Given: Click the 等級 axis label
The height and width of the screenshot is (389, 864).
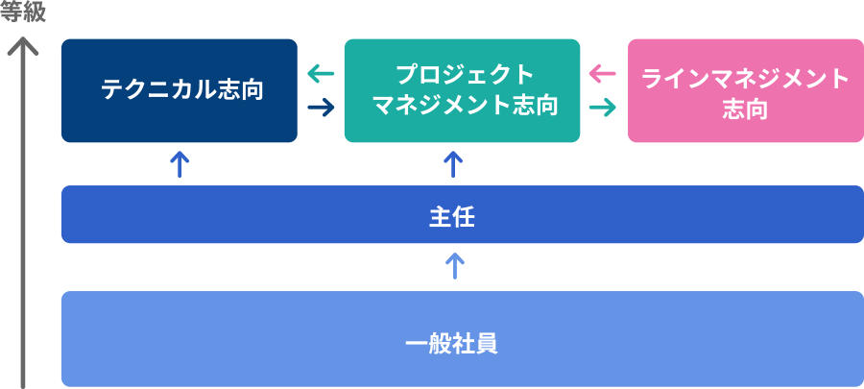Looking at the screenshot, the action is pos(23,12).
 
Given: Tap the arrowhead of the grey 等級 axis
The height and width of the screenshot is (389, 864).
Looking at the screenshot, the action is pos(23,38).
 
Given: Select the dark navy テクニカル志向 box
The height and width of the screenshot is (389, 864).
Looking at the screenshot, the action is pos(180,90).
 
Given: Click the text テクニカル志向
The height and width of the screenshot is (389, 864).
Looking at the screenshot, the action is pos(181,90).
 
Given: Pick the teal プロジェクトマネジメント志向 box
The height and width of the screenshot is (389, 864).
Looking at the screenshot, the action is pos(462,90).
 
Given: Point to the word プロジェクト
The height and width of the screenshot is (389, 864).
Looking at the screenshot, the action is pos(465,75).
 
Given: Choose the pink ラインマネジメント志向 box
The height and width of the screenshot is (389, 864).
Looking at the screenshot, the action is pos(746,90).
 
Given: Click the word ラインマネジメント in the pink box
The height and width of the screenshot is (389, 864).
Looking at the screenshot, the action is pos(746,80).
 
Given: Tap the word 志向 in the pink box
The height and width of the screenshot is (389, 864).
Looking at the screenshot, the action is pos(746,109).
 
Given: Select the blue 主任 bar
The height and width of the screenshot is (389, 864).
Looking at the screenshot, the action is pos(463,214).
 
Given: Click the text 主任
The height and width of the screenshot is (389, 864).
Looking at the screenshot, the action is pos(452,218).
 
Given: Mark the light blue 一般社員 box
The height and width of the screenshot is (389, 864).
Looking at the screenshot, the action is pos(463,339).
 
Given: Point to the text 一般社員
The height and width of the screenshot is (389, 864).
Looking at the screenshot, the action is pos(452,344).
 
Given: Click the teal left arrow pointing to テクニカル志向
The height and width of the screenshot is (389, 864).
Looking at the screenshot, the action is pos(321,74).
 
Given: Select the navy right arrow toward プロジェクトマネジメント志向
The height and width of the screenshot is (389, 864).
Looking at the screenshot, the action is pos(321,107).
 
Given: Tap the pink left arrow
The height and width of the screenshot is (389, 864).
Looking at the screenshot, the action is pos(603,74).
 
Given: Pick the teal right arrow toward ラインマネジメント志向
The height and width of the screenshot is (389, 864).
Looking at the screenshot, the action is pos(603,107).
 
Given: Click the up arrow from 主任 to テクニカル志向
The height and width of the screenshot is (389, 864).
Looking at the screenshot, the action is pos(180,164).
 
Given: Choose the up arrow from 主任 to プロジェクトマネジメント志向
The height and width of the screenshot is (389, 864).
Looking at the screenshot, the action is pos(453,164).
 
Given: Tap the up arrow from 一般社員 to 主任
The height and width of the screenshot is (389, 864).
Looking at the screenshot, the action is pos(454,266).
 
